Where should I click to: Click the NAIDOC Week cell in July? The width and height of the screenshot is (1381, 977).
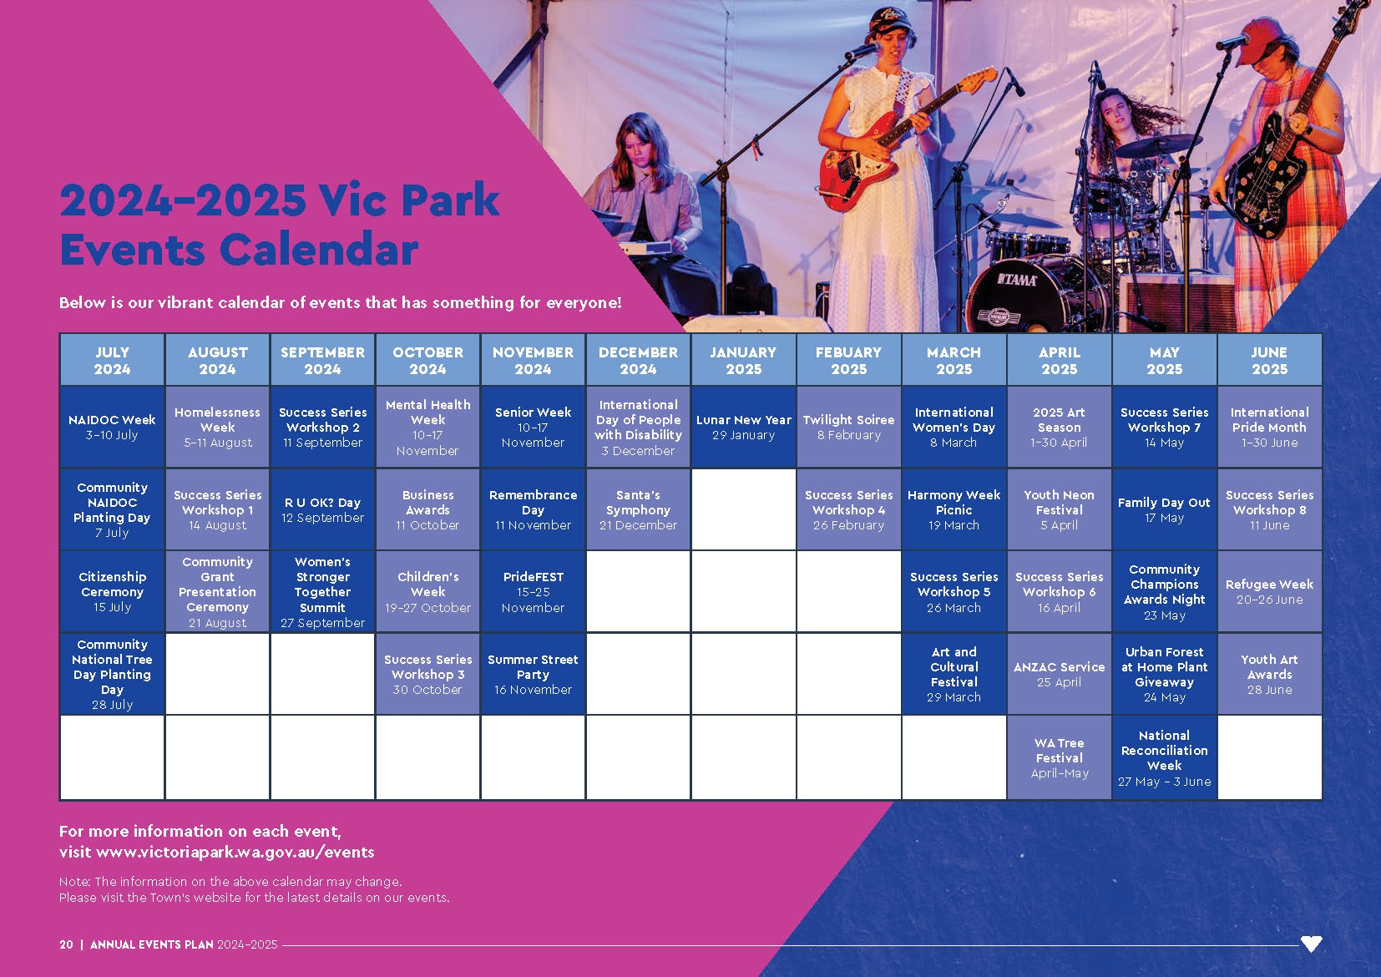pyautogui.click(x=112, y=427)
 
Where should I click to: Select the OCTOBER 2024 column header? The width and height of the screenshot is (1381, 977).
pyautogui.click(x=427, y=360)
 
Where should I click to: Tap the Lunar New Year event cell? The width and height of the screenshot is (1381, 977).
pyautogui.click(x=744, y=427)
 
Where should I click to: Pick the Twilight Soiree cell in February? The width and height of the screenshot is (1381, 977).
pyautogui.click(x=849, y=427)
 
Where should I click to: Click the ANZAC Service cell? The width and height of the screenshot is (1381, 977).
pyautogui.click(x=1060, y=674)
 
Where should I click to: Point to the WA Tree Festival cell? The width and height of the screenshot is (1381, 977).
pyautogui.click(x=1060, y=757)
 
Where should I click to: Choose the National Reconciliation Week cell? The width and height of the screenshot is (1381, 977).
pyautogui.click(x=1165, y=757)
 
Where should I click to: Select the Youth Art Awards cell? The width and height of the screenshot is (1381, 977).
pyautogui.click(x=1270, y=674)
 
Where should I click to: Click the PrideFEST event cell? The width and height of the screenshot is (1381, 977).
pyautogui.click(x=534, y=591)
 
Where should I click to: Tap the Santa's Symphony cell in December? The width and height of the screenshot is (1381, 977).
pyautogui.click(x=638, y=509)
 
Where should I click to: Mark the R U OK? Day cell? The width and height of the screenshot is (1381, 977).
pyautogui.click(x=322, y=509)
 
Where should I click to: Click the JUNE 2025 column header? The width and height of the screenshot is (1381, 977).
pyautogui.click(x=1270, y=360)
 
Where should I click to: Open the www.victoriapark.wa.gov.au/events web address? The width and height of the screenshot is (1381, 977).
pyautogui.click(x=235, y=853)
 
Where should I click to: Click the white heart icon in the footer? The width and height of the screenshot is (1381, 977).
pyautogui.click(x=1311, y=943)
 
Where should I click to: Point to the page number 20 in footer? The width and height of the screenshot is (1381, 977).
pyautogui.click(x=66, y=944)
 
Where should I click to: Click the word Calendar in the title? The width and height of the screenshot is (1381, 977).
pyautogui.click(x=319, y=251)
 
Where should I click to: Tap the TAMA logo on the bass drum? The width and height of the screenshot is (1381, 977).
pyautogui.click(x=1017, y=281)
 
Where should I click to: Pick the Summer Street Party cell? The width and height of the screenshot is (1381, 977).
pyautogui.click(x=534, y=674)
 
